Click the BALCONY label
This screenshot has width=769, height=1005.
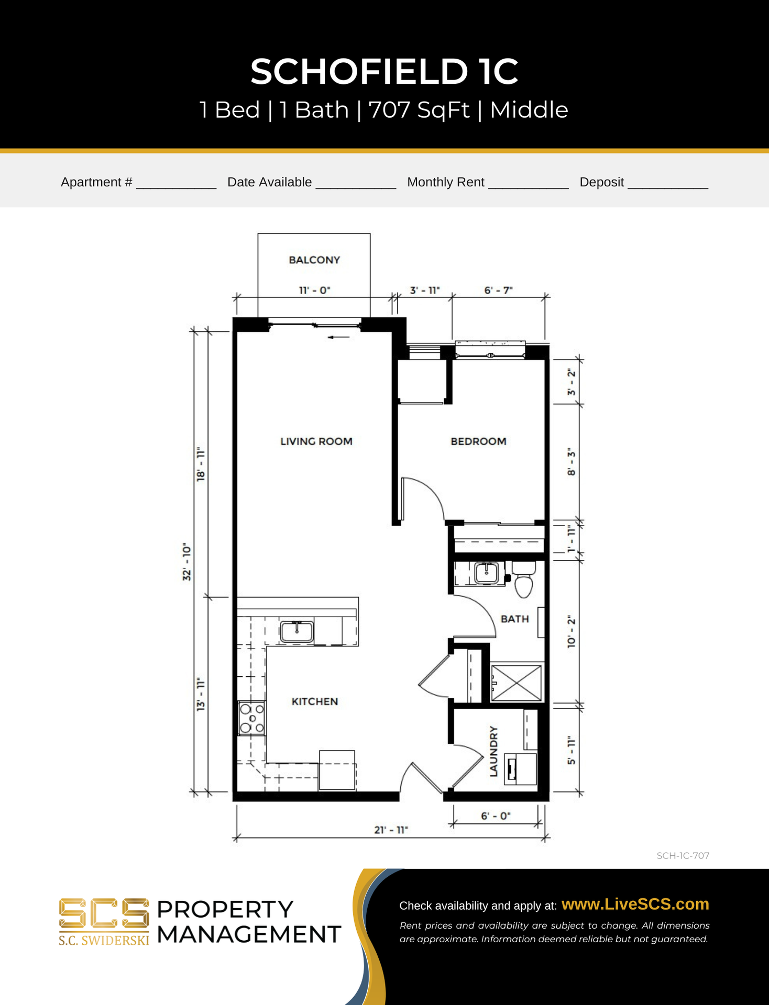(314, 260)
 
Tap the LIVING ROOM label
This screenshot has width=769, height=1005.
(316, 441)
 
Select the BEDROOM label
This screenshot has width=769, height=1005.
(478, 441)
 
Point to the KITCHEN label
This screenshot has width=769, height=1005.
(314, 701)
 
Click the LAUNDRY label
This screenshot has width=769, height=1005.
(493, 751)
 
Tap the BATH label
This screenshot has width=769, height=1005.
(515, 619)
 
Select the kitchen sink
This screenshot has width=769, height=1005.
(297, 631)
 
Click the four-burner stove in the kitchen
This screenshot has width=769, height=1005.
(252, 718)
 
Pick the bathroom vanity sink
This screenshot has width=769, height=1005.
(487, 573)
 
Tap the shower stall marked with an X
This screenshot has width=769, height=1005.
(517, 683)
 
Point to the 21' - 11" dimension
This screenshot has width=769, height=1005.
(391, 830)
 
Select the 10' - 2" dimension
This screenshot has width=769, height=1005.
(572, 632)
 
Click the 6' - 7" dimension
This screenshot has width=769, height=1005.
(498, 290)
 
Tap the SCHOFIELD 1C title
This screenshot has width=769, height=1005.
(384, 71)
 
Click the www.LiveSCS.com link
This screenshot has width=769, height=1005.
(635, 904)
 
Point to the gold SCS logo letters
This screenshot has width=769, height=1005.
(104, 914)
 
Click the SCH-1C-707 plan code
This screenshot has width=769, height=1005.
(683, 856)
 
